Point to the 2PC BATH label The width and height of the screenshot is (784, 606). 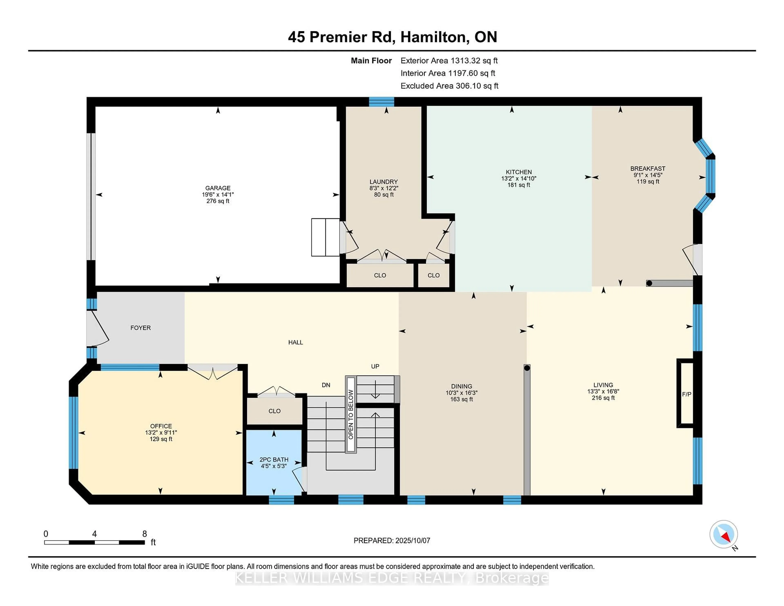[x=274, y=460]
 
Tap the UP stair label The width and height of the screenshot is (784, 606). [x=375, y=366]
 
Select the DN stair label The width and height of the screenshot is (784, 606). [x=326, y=385]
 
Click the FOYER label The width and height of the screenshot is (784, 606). [x=140, y=328]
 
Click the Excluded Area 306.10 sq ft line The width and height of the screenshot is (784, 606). [x=449, y=86]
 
